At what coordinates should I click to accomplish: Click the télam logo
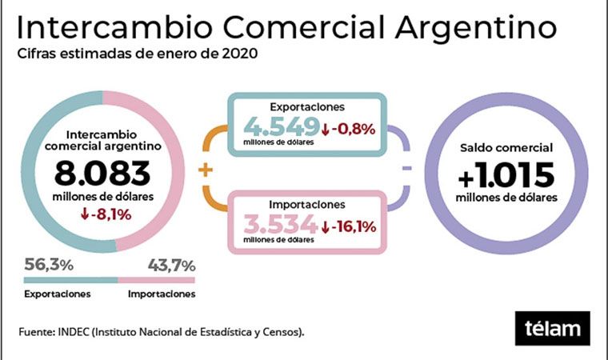[552, 329]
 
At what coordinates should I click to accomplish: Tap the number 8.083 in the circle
[102, 174]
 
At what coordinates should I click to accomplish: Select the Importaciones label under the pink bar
[162, 294]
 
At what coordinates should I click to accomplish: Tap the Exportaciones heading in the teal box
[307, 107]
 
